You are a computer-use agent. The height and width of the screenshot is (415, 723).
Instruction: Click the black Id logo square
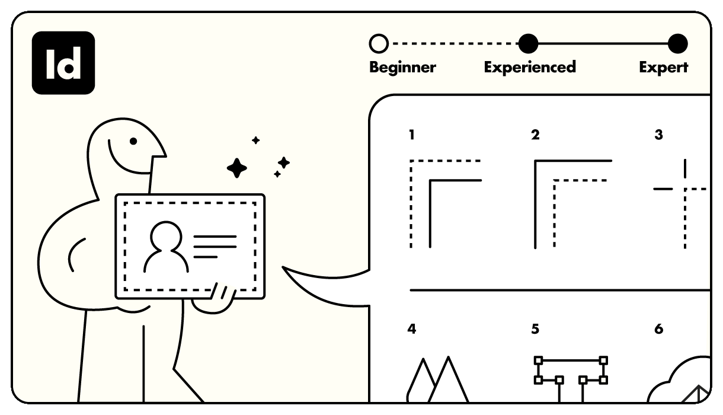coord(63,63)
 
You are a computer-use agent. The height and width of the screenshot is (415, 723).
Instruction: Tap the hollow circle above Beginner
coord(379,44)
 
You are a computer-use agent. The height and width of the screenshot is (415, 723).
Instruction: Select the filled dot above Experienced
coord(528,44)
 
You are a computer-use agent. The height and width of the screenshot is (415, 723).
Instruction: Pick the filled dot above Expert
coord(678,44)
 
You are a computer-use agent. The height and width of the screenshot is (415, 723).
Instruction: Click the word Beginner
coord(402,67)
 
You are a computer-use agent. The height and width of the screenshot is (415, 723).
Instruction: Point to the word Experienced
coord(530,67)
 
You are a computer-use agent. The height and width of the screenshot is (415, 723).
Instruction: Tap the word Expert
coord(663,68)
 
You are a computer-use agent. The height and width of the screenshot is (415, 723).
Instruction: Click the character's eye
coord(133,141)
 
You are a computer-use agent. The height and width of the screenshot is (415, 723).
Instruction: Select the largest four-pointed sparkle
coord(237,168)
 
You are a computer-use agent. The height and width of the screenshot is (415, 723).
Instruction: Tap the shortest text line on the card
coord(206,257)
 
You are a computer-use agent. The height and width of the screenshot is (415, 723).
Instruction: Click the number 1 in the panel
coord(411,135)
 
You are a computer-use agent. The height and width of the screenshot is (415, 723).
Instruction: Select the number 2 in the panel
coord(535,135)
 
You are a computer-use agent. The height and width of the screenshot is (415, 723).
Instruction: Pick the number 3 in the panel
coord(659,135)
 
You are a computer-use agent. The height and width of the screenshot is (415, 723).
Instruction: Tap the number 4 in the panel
coord(411,329)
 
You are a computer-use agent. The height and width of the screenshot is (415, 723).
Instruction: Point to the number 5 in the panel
coord(535,329)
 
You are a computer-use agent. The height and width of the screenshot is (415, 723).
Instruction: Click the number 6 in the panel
coord(659,329)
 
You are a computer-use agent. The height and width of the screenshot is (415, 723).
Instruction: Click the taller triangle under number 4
coord(449,380)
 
